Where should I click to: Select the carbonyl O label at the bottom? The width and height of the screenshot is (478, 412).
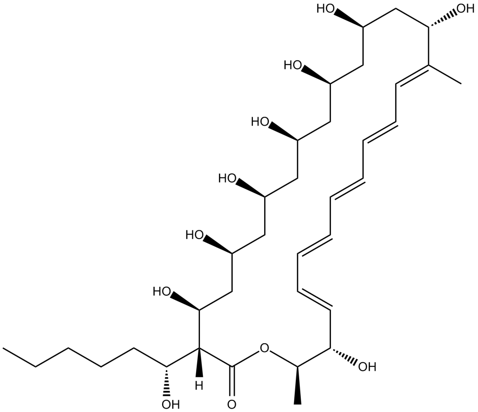click(232, 404)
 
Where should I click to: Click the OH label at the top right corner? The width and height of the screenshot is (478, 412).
click(466, 8)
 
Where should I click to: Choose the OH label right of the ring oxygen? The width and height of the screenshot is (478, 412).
click(367, 367)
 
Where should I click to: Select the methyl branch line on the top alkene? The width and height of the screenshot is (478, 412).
click(445, 74)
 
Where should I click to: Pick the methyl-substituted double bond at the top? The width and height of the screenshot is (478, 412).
click(411, 75)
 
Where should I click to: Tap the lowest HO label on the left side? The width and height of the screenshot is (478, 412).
click(162, 292)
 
